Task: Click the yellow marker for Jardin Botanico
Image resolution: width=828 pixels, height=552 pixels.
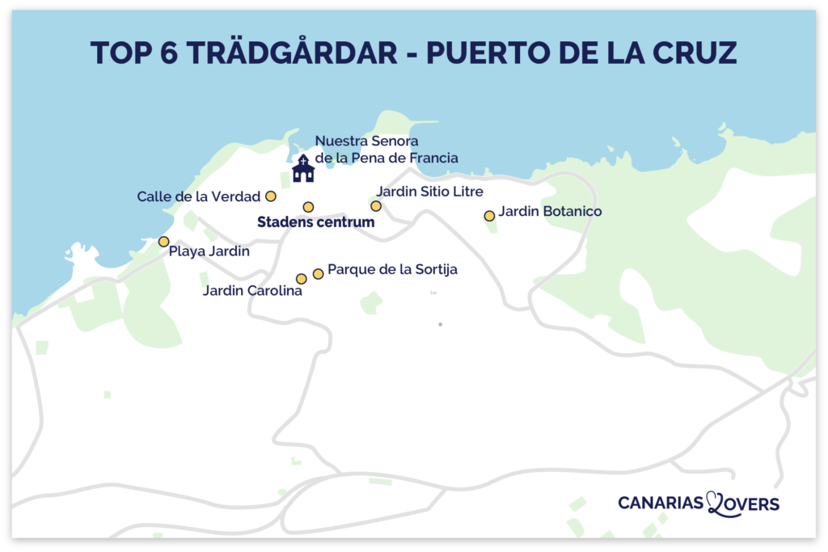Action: coord(489,216)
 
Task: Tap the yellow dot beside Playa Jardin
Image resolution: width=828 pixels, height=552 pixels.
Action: coord(163,242)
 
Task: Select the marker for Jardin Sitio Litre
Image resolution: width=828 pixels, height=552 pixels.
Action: coord(376,206)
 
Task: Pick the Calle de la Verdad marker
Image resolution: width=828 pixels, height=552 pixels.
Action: coord(271,196)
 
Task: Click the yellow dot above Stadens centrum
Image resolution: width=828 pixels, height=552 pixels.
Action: coord(308,207)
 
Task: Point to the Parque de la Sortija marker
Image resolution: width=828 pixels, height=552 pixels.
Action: coord(318,274)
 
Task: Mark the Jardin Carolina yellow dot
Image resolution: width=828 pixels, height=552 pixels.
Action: coord(302,279)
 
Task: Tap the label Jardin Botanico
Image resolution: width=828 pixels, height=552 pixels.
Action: coord(550,212)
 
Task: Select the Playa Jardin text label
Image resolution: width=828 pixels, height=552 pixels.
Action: coord(209,252)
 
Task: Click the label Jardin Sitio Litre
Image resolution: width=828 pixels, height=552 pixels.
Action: coord(429,192)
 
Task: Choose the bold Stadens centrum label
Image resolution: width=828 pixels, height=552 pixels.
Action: coord(316,222)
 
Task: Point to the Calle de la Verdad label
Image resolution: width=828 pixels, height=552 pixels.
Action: coord(198,196)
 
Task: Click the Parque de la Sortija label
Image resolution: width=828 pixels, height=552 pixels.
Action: coord(392,270)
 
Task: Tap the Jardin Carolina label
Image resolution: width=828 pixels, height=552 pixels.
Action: coord(252,291)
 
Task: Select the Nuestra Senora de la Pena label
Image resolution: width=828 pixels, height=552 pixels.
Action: coord(386,150)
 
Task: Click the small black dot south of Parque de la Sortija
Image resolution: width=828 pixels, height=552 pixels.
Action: coord(440,324)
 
